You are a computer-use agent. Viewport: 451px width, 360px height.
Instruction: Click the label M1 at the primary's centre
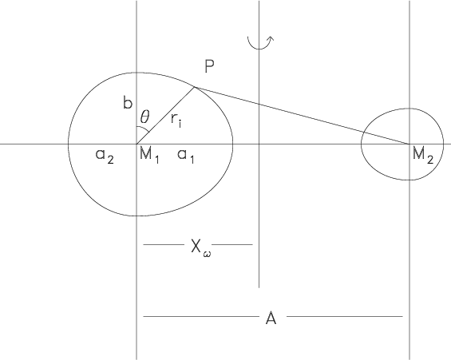(149, 156)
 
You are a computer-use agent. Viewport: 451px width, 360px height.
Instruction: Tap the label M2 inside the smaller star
(422, 156)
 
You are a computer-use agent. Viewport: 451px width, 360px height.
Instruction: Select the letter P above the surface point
(209, 66)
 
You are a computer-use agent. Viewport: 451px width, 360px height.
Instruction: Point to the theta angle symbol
(144, 117)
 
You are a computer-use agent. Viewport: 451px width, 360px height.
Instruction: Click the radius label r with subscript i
(176, 120)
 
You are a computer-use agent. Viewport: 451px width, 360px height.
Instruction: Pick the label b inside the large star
(128, 102)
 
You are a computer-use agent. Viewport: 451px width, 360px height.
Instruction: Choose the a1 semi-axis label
(186, 156)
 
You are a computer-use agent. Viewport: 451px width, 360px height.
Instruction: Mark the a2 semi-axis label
(105, 156)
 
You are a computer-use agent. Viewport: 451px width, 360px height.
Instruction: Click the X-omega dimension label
(200, 247)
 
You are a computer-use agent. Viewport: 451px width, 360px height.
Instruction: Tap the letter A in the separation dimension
(271, 318)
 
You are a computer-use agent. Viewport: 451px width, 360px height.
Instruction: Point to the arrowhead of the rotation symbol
(271, 38)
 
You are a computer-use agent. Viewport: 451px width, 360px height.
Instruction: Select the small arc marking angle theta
(144, 129)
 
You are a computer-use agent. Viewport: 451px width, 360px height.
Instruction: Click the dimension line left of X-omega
(164, 245)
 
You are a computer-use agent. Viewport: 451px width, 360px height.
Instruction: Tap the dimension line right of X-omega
(232, 245)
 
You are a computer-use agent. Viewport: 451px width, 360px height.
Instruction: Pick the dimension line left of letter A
(201, 317)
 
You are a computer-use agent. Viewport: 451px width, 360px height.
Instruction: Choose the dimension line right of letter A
(345, 317)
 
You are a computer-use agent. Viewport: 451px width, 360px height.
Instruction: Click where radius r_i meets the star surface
(195, 86)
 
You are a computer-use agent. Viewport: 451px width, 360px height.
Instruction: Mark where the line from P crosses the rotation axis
(259, 104)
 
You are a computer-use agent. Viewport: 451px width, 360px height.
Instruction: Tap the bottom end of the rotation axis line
(259, 287)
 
